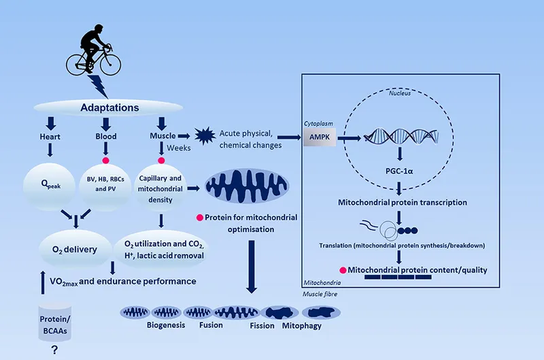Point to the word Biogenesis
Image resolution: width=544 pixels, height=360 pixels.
pyautogui.click(x=165, y=325)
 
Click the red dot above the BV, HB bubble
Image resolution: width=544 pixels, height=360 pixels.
pyautogui.click(x=105, y=160)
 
